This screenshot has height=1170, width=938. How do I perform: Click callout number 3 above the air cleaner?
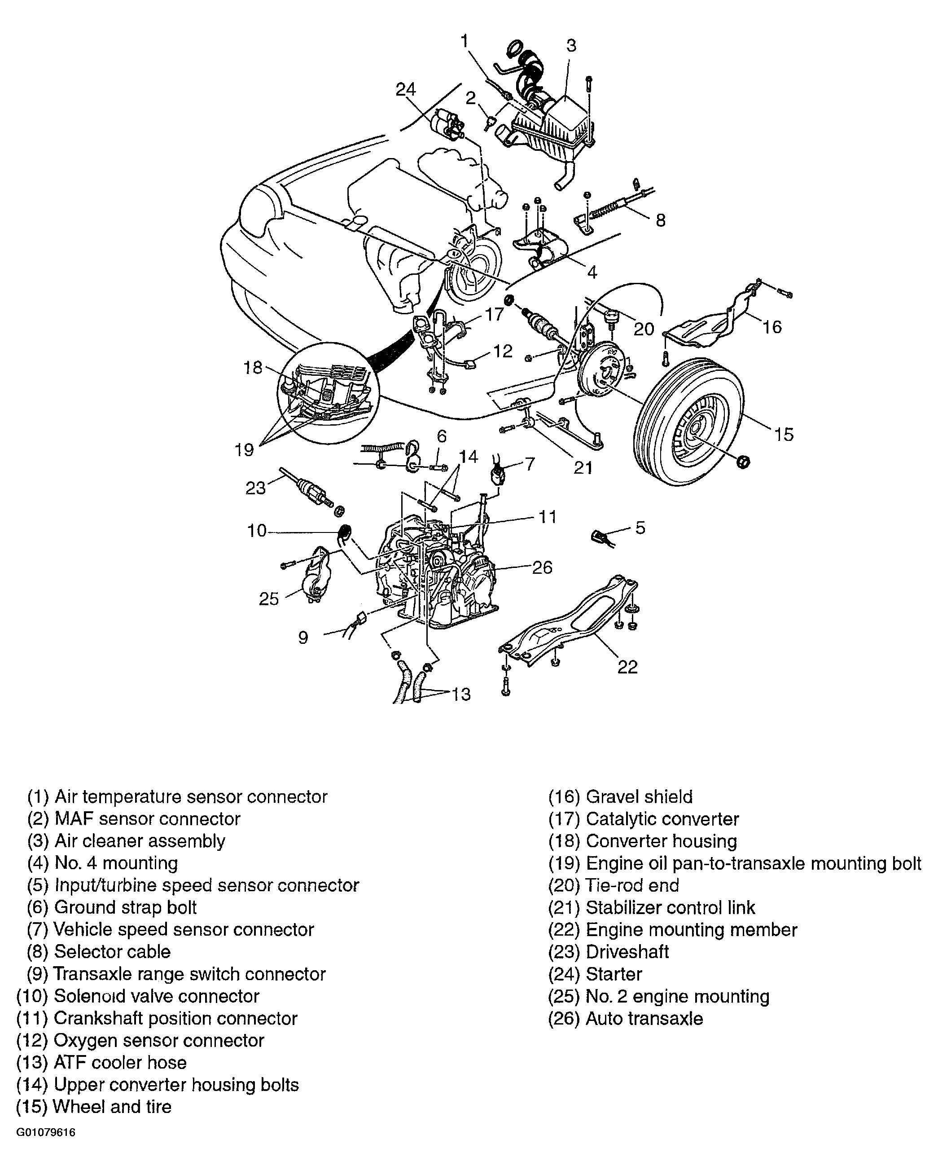[x=571, y=46]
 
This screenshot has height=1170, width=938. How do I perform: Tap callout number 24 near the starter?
[x=405, y=88]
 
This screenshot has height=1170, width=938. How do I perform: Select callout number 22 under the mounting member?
[x=628, y=667]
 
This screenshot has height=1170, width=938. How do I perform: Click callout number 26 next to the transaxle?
[x=542, y=567]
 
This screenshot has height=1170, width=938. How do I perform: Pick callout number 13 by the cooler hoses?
[x=461, y=694]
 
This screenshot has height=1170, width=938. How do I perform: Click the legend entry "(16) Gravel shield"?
[x=620, y=796]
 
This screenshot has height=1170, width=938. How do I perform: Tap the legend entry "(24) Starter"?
[x=595, y=974]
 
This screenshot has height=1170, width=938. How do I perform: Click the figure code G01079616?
[x=46, y=1144]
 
